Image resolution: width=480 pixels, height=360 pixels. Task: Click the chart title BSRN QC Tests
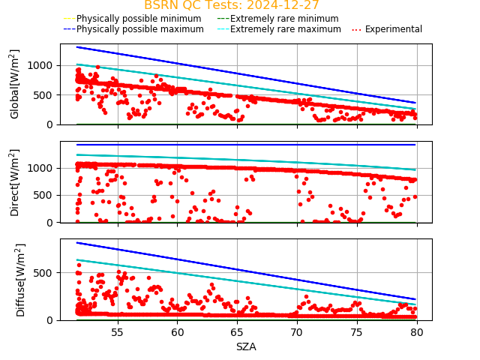[232, 5]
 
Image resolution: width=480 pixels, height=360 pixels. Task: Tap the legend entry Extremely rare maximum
[285, 29]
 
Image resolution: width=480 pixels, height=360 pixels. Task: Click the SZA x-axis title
[246, 347]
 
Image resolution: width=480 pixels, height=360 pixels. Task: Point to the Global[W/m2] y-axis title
[15, 84]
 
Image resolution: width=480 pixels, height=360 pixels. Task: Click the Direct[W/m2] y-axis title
[15, 182]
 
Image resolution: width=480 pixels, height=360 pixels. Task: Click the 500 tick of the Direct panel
[46, 195]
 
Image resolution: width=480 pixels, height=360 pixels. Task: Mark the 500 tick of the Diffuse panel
[46, 272]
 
